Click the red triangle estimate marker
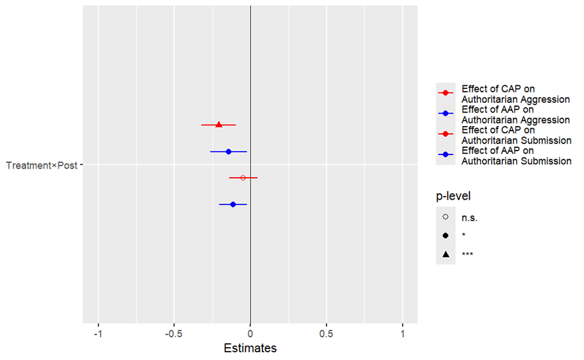coord(219,125)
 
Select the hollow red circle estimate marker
coord(243,178)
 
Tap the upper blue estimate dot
coord(228,151)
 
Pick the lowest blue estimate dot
coord(233,204)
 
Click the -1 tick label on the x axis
coord(98,334)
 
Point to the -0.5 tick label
coord(173,334)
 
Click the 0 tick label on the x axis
coord(250,334)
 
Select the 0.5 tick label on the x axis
coord(327,334)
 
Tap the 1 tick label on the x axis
coord(402,334)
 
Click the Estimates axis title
coord(250,348)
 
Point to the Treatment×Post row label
coord(41,165)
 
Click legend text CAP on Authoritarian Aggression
coord(515,94)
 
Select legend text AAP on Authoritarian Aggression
coord(515,114)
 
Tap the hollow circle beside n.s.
coord(446,217)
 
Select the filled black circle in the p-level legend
coord(446,236)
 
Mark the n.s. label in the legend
coord(470,218)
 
